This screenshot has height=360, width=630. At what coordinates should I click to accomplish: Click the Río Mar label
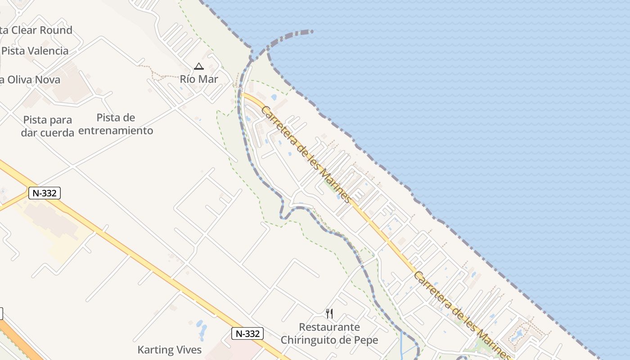(x=199, y=79)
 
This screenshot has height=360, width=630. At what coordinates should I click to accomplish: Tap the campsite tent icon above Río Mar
(x=198, y=67)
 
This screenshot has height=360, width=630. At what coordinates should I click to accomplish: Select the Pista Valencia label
(x=35, y=51)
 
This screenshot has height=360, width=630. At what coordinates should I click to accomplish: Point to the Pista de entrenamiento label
(x=116, y=124)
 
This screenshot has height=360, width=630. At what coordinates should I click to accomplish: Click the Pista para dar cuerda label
(x=47, y=126)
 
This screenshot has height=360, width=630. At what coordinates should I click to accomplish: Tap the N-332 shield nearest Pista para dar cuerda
(x=44, y=193)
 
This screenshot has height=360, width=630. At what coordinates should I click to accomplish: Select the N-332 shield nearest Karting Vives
(x=247, y=333)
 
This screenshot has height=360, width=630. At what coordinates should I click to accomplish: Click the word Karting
(x=155, y=350)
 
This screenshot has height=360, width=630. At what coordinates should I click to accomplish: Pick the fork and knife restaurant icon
(x=329, y=313)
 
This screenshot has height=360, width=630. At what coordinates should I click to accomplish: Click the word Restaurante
(x=329, y=327)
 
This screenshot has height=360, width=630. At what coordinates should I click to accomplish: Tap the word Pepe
(x=366, y=340)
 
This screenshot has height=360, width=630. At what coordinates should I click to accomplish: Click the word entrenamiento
(x=116, y=131)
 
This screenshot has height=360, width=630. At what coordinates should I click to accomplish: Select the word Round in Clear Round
(x=56, y=30)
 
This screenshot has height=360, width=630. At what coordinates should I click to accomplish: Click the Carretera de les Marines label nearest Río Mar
(x=306, y=154)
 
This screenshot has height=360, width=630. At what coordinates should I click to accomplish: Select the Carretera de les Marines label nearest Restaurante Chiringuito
(x=462, y=315)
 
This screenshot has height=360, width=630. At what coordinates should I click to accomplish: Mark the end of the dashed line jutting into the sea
(x=311, y=31)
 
